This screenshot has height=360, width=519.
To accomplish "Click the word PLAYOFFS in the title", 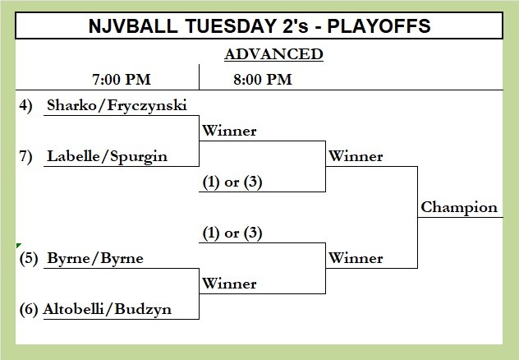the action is tap(379, 25).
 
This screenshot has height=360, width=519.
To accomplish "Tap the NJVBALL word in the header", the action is tap(133, 25).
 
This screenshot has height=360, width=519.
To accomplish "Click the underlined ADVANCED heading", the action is tap(273, 54).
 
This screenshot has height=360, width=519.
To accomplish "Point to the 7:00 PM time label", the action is tap(122, 80).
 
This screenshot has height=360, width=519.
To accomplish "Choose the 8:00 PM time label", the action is tap(263, 80).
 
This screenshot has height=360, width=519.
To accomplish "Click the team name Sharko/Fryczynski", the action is tap(117, 106).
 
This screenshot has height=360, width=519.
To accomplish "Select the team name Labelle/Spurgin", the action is tap(108, 157).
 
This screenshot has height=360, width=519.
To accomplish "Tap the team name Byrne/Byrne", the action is tap(95, 258).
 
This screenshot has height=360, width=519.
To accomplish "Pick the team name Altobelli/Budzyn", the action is tap(108, 309).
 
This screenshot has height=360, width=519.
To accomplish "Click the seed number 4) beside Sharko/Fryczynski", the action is tap(25, 106).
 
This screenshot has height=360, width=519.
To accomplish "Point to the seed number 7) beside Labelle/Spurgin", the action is tap(25, 156).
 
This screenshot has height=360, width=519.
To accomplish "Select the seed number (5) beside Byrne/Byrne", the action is tap(29, 258).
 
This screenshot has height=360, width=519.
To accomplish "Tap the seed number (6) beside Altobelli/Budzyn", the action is tap(29, 309).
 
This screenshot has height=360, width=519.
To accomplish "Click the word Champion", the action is tap(459, 208).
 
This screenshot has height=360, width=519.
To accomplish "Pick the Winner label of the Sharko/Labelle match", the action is tap(229, 131).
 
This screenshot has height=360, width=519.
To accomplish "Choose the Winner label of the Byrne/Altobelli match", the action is tap(229, 284).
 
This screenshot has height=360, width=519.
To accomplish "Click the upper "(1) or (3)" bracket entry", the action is tap(232, 182).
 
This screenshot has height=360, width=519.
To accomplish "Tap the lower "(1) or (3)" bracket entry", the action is tap(232, 233).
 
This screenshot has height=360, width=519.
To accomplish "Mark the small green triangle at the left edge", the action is tap(18, 245).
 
